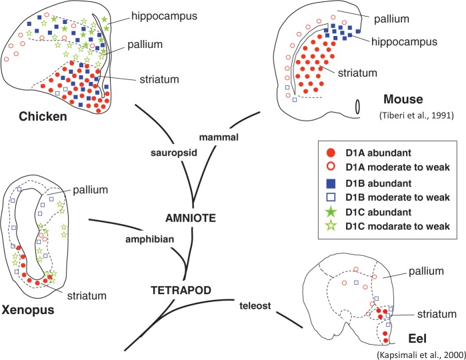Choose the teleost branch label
pos(253,305)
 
